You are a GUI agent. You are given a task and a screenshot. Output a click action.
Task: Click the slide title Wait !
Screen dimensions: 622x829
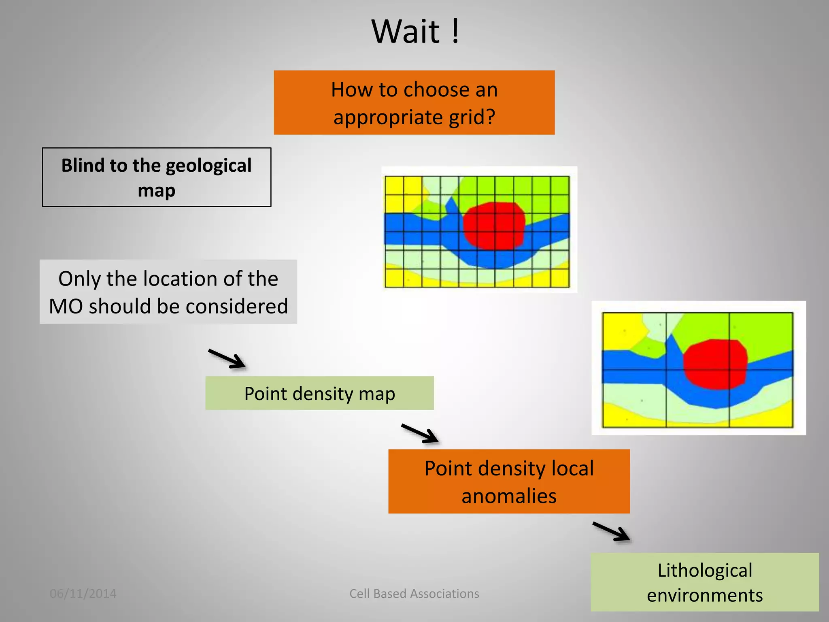415,32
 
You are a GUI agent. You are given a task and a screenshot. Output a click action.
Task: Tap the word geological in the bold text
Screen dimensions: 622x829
208,166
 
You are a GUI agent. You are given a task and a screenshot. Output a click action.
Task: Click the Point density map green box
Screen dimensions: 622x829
319,393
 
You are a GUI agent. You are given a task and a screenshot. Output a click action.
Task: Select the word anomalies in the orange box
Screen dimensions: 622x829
509,496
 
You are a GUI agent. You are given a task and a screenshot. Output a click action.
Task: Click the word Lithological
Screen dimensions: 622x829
704,570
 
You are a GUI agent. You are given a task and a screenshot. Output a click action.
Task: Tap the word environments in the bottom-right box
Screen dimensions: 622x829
704,595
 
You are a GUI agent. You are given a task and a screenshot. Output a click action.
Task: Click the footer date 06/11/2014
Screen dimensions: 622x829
83,594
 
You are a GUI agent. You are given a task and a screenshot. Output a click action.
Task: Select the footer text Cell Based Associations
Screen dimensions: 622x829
414,594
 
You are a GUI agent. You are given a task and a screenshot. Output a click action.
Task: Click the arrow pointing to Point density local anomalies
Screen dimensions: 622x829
420,434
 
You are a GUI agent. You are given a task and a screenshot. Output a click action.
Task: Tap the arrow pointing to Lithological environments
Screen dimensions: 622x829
611,531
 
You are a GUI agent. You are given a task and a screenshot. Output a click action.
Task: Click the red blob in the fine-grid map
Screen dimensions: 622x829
494,226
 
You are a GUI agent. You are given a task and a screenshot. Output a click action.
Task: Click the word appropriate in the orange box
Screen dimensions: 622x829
388,117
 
